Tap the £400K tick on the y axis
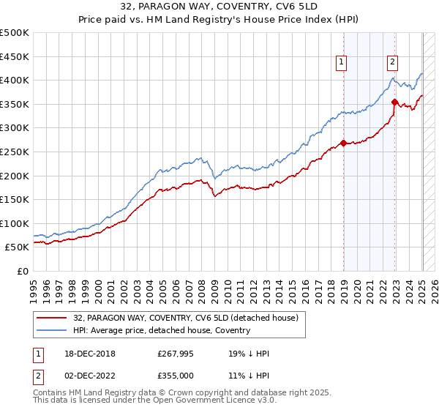click(x=15, y=80)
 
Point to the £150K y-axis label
click(x=15, y=199)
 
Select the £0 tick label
click(x=22, y=271)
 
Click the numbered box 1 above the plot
click(x=342, y=63)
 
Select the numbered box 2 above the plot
click(x=393, y=63)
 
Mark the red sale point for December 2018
click(x=343, y=143)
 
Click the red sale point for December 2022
click(x=394, y=102)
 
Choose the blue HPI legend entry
click(x=161, y=330)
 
